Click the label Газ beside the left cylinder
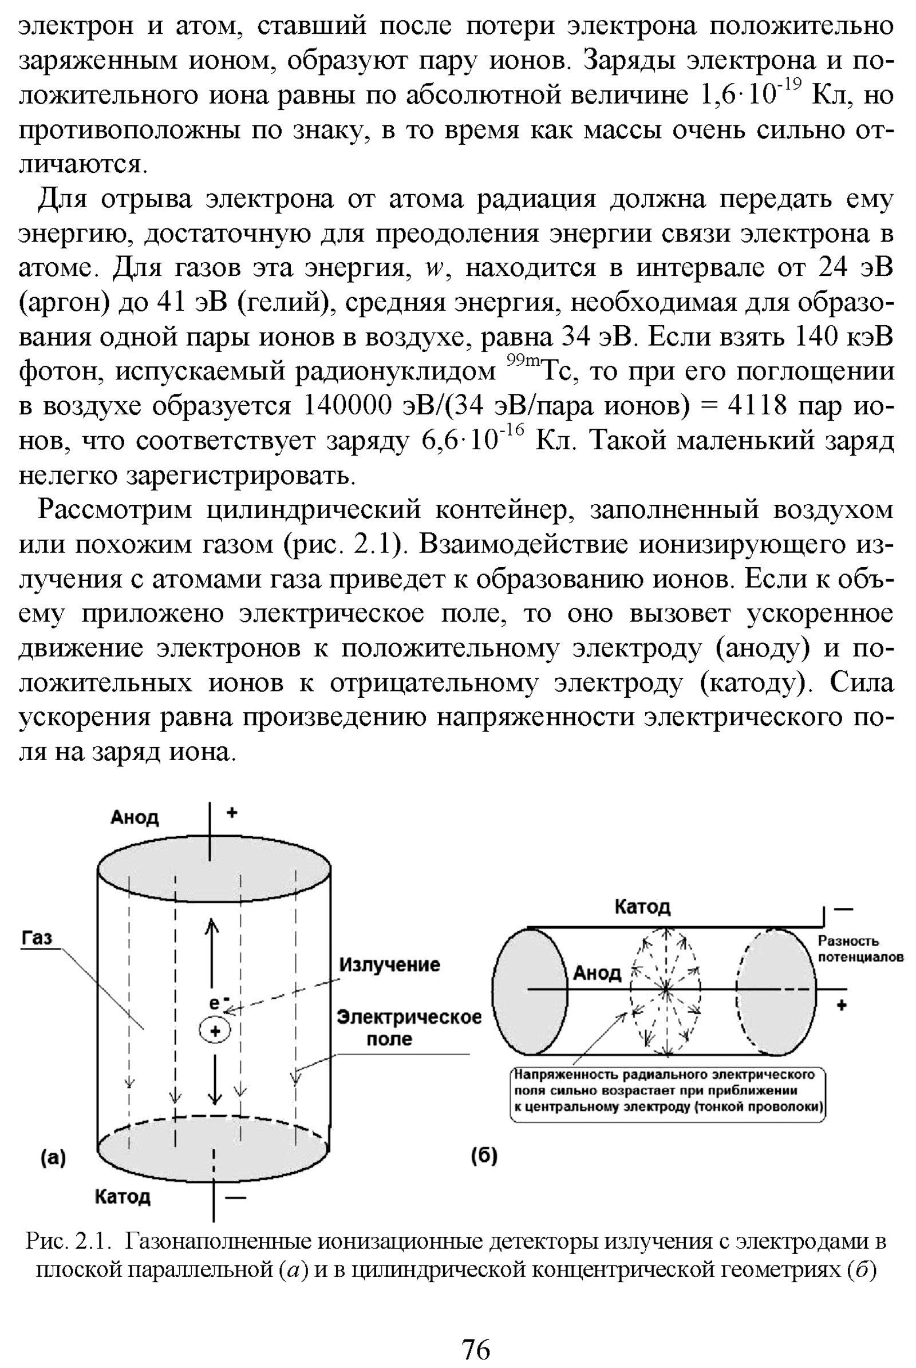pos(37,938)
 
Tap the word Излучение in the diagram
pos(390,964)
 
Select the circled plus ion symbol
pos(215,1031)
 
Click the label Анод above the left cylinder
pos(135,817)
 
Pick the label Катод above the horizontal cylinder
pos(642,907)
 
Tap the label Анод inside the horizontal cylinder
pos(597,972)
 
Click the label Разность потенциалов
pos(860,948)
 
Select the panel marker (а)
pos(53,1158)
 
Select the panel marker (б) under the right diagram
pos(484,1156)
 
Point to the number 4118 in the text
pos(757,406)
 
